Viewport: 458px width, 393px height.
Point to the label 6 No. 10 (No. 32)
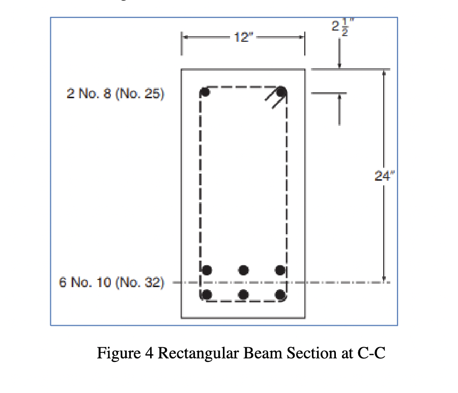click(112, 282)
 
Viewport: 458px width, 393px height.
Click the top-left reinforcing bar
click(205, 92)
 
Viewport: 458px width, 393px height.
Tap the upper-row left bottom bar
click(207, 269)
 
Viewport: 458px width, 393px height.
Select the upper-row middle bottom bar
click(244, 269)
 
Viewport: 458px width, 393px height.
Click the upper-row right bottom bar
click(280, 269)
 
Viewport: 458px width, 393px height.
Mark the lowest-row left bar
click(207, 294)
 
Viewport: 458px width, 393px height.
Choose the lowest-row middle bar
click(244, 294)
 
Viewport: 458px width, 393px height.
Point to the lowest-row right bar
click(280, 294)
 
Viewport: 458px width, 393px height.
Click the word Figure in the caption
click(116, 353)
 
